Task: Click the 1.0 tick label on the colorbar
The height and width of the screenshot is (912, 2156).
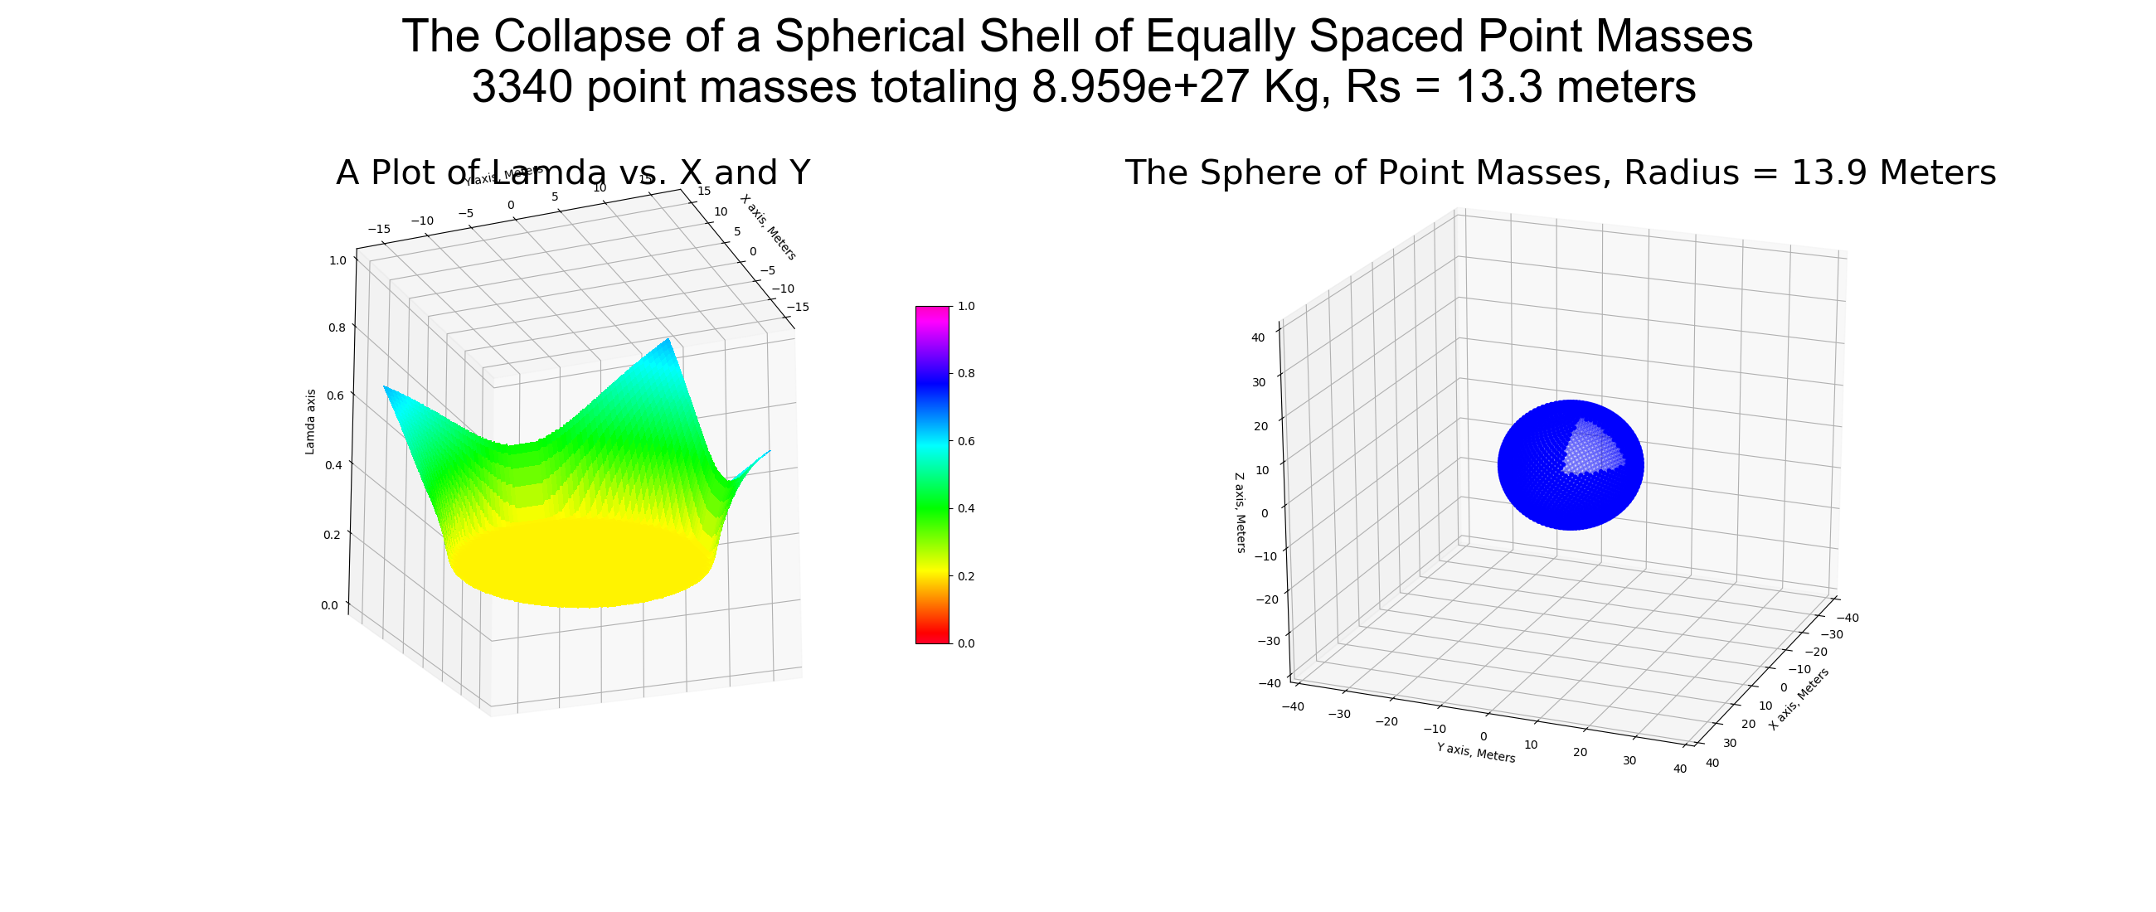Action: tap(966, 306)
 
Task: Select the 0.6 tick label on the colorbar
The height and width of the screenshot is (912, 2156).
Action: tap(966, 441)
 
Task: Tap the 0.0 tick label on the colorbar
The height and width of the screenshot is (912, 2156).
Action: tap(966, 643)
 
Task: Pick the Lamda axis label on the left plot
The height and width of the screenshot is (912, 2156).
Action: tap(310, 422)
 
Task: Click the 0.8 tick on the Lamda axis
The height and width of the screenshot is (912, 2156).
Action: tap(337, 327)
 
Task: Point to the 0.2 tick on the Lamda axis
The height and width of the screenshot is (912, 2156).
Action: tap(332, 535)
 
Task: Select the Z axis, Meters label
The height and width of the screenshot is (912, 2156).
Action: tap(1241, 512)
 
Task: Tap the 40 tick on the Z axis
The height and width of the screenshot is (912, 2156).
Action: tap(1258, 338)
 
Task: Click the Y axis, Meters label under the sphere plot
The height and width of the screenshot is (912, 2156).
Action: tap(1475, 752)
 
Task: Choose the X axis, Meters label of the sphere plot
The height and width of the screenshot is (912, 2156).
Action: tap(1799, 699)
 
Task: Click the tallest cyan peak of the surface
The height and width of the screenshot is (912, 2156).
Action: tap(668, 342)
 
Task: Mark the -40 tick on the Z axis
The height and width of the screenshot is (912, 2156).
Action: tap(1270, 682)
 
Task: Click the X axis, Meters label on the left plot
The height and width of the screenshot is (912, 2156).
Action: tap(769, 226)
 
